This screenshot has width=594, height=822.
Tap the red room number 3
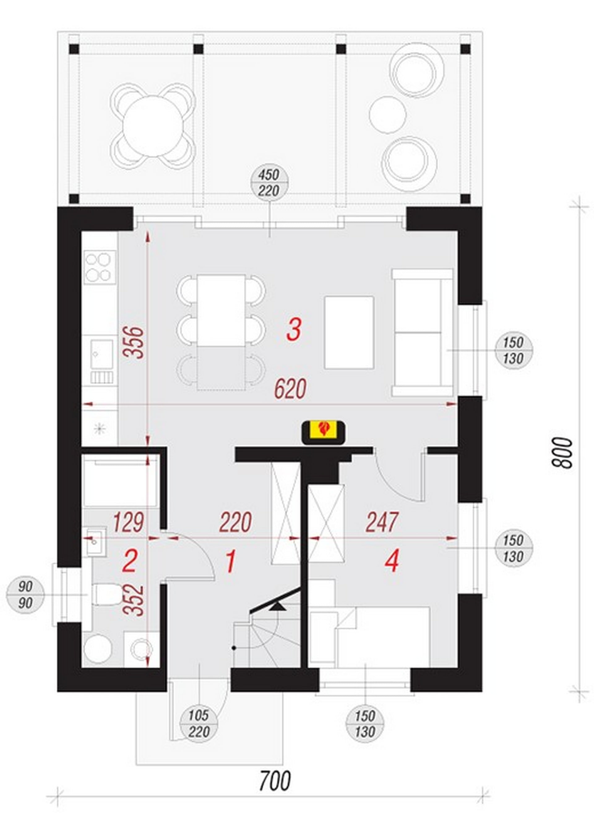(293, 330)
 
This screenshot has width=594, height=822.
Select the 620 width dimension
(290, 388)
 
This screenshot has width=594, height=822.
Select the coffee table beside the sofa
(349, 332)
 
